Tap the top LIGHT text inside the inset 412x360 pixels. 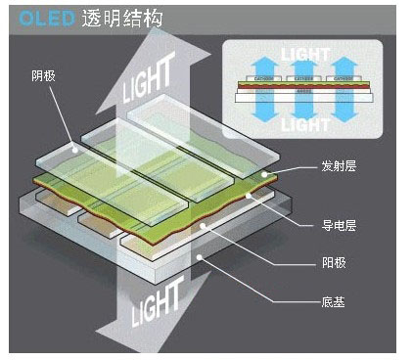click(x=305, y=57)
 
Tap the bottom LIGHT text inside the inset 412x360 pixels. click(x=305, y=125)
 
